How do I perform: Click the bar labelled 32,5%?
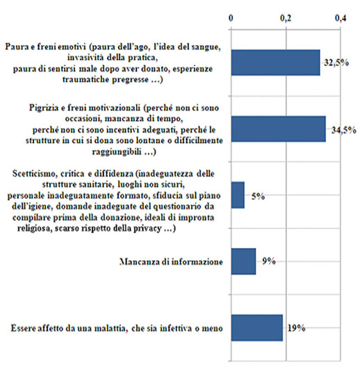tap(275, 62)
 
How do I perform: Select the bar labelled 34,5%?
tap(279, 129)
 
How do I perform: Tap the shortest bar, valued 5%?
tap(238, 195)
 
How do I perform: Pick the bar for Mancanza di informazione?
tap(243, 261)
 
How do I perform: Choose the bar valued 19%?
tap(257, 328)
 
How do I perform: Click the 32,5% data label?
tap(336, 63)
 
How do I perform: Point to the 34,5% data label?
tap(344, 131)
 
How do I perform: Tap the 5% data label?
tap(258, 197)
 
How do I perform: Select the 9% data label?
tap(269, 261)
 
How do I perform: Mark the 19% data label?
tap(296, 328)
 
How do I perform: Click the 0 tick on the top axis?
tap(231, 18)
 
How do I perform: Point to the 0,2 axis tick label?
tap(286, 18)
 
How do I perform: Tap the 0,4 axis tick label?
tap(341, 18)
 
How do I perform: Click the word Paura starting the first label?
tap(17, 47)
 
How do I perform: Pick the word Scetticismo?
tap(35, 174)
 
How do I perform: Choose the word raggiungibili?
tap(117, 152)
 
